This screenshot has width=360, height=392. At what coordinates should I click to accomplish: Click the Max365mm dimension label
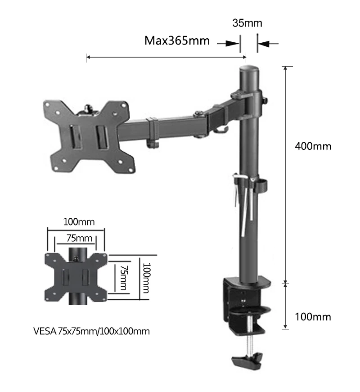pyautogui.click(x=177, y=41)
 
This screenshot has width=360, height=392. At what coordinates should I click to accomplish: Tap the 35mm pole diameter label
pyautogui.click(x=247, y=23)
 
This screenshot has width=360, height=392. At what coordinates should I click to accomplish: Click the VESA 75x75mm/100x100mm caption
pyautogui.click(x=91, y=332)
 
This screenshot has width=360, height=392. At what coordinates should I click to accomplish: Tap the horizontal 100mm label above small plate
pyautogui.click(x=76, y=222)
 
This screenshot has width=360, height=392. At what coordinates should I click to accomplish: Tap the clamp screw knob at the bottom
pyautogui.click(x=247, y=360)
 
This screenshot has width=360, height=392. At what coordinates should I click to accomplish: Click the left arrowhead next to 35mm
pyautogui.click(x=232, y=44)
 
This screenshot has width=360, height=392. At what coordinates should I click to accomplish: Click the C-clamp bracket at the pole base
pyautogui.click(x=245, y=302)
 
